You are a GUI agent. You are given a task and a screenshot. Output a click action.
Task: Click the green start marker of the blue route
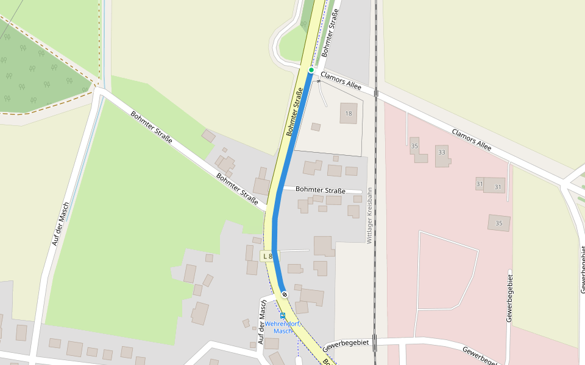pyautogui.click(x=311, y=71)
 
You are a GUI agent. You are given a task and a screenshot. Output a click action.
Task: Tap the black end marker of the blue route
pyautogui.click(x=285, y=294)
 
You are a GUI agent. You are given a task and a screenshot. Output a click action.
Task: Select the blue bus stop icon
pyautogui.click(x=282, y=316)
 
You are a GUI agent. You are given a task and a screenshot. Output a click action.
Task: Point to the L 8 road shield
pyautogui.click(x=268, y=257)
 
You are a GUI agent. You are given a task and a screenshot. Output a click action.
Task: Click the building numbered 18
pyautogui.click(x=349, y=113)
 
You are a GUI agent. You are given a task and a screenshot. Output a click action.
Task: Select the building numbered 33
pyautogui.click(x=442, y=156)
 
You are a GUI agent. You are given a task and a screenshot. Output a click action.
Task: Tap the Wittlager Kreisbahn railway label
pyautogui.click(x=369, y=215)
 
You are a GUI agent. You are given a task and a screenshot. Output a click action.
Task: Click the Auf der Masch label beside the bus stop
pyautogui.click(x=263, y=322)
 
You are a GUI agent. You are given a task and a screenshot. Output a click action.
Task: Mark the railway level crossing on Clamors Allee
pyautogui.click(x=377, y=93)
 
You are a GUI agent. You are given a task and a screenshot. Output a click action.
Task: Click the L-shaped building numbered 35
pyautogui.click(x=417, y=150)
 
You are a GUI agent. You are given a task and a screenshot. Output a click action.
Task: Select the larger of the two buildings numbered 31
pyautogui.click(x=495, y=186)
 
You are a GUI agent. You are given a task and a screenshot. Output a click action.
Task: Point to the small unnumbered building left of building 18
pyautogui.click(x=316, y=127)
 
